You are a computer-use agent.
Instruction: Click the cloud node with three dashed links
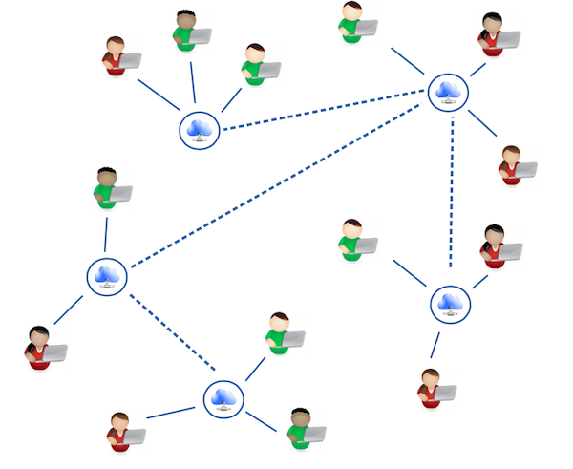447,92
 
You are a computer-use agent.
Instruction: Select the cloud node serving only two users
106,276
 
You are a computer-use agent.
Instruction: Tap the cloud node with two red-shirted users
448,303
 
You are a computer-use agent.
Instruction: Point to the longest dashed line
277,183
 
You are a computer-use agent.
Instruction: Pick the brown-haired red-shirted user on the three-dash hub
511,165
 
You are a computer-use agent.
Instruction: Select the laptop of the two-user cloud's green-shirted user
120,194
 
